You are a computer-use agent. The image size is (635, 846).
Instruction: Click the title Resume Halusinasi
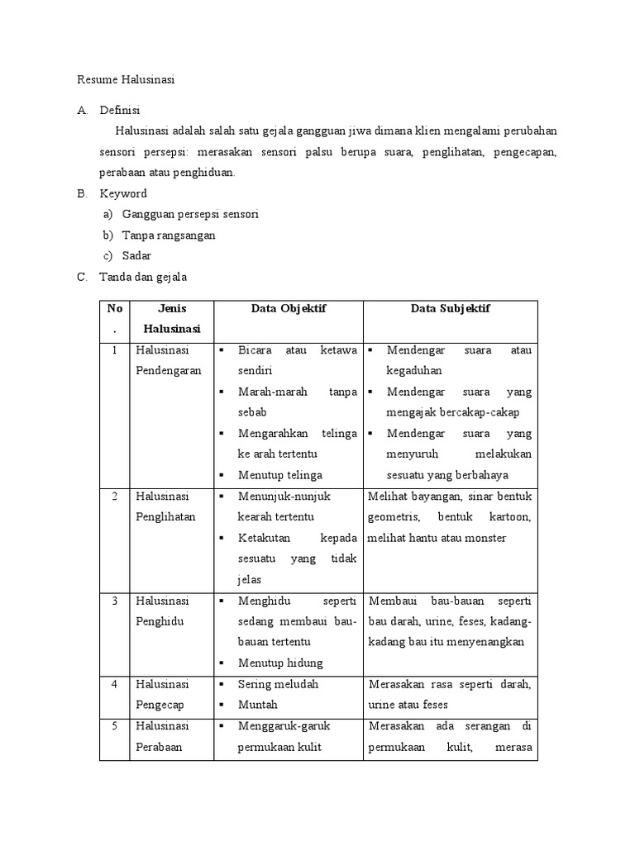127,80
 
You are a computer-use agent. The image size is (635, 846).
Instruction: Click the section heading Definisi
120,110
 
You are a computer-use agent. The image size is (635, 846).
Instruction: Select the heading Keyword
123,193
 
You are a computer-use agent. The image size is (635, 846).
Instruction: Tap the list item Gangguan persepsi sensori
190,214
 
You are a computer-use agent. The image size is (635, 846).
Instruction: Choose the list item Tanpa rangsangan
169,235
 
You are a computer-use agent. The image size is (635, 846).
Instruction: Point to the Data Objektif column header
289,308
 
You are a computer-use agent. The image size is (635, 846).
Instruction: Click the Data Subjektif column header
450,308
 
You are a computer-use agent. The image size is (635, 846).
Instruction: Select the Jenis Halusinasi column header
172,318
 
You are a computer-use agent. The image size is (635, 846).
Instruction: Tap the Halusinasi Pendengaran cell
169,360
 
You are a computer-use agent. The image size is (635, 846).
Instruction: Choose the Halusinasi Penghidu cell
163,611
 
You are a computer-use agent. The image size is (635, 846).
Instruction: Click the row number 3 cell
113,601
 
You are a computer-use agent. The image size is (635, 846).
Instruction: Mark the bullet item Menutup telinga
279,475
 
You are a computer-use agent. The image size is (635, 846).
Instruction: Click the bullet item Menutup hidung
279,663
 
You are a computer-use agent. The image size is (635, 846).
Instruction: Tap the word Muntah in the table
257,705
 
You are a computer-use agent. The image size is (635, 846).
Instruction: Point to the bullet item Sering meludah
278,684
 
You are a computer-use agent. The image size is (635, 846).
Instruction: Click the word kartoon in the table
508,517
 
